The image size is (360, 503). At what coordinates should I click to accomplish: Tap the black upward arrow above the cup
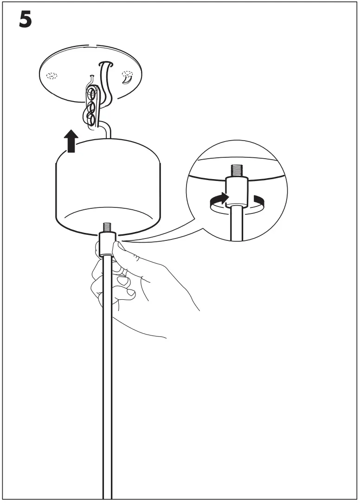click(x=71, y=141)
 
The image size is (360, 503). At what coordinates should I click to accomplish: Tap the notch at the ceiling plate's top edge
click(x=91, y=46)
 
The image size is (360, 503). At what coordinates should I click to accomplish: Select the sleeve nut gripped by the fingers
click(x=106, y=244)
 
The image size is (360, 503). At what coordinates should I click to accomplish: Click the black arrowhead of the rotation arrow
click(x=224, y=198)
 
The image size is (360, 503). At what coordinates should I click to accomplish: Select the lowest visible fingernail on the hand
click(x=131, y=293)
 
